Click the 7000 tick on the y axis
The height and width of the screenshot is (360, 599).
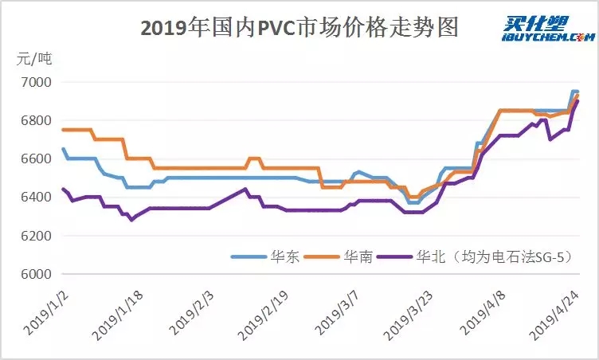35,82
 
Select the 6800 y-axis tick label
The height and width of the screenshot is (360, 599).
35,120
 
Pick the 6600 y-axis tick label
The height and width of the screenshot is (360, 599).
35,158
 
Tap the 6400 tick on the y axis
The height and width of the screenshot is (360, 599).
35,197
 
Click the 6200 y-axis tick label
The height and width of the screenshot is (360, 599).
35,236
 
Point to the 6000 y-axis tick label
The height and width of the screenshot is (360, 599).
35,274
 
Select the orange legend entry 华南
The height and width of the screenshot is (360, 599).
358,256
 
